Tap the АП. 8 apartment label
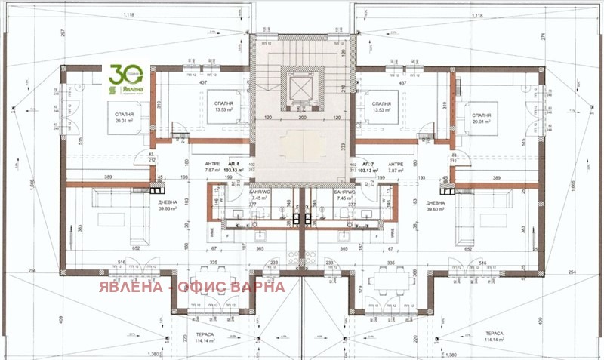pyautogui.click(x=234, y=164)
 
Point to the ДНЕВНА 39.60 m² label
pyautogui.click(x=438, y=206)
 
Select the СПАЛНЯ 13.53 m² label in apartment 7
pyautogui.click(x=381, y=106)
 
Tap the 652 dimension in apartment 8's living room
pyautogui.click(x=137, y=248)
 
